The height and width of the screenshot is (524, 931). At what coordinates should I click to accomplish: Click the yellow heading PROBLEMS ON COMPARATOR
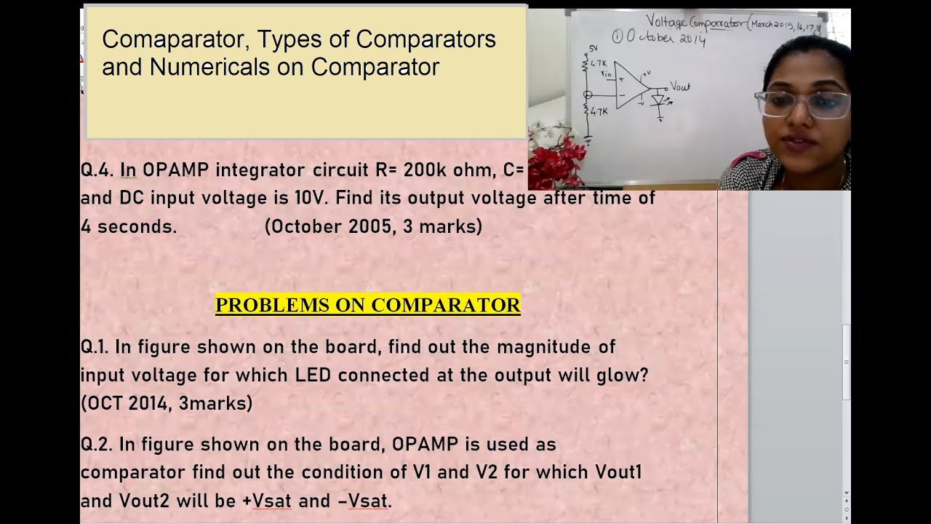pos(368,305)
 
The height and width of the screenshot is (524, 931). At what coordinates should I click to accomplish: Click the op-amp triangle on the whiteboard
pos(629,86)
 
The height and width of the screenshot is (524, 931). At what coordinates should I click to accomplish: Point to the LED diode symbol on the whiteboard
pos(660,101)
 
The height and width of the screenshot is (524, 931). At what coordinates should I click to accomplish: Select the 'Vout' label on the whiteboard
pos(680,87)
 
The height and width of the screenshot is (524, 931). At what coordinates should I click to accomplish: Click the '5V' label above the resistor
pos(592,49)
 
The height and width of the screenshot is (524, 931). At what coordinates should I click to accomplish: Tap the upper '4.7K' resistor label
pos(599,64)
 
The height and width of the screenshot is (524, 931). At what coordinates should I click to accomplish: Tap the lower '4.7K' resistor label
pos(599,111)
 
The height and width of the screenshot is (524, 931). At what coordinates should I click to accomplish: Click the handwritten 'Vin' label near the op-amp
pos(606,74)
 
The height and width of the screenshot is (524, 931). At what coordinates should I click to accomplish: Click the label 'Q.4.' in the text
pos(97,170)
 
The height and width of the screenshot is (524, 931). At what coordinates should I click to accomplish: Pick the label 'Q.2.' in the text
pos(97,444)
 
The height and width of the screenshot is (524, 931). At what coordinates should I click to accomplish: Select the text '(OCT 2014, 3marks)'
pos(167,403)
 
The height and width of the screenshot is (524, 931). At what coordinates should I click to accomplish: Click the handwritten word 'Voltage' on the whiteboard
pos(670,22)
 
